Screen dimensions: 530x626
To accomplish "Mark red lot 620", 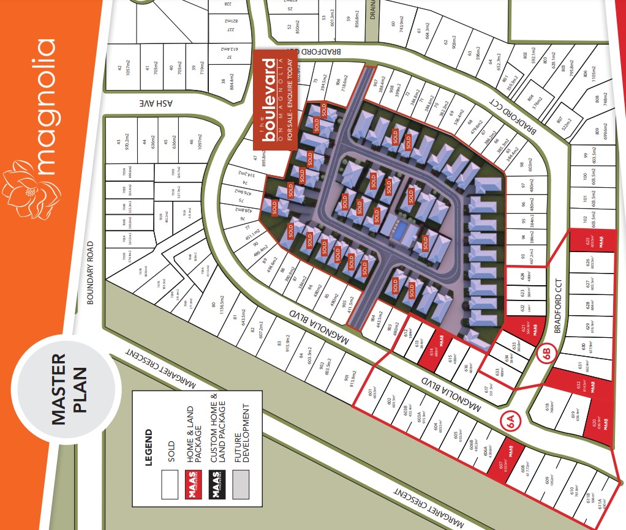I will coord(601,425).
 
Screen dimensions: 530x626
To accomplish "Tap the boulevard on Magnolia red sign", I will coord(275,100).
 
